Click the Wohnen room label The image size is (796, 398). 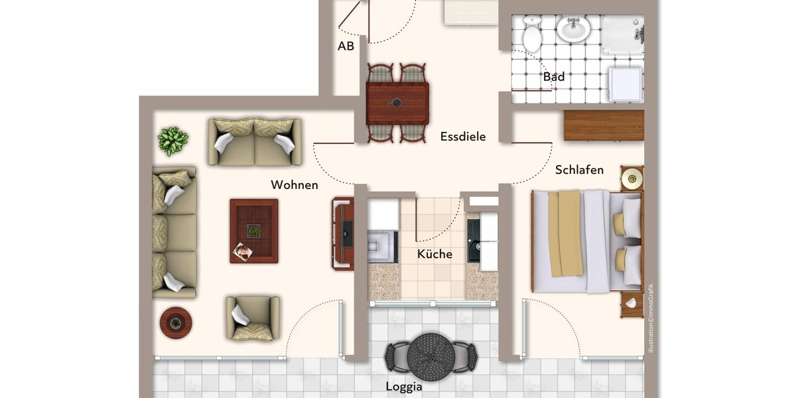pyautogui.click(x=294, y=185)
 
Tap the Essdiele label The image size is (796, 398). pyautogui.click(x=463, y=137)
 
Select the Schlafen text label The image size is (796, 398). pyautogui.click(x=579, y=170)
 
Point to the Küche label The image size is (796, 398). pyautogui.click(x=434, y=254)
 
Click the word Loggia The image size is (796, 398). pyautogui.click(x=404, y=386)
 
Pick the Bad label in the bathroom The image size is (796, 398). pyautogui.click(x=554, y=77)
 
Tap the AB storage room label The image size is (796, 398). pyautogui.click(x=346, y=46)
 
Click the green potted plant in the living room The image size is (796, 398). pyautogui.click(x=173, y=141)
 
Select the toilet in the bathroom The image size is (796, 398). pyautogui.click(x=533, y=34)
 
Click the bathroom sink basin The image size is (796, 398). pyautogui.click(x=572, y=29)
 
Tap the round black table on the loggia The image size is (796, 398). pyautogui.click(x=433, y=356)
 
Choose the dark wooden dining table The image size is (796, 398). pyautogui.click(x=397, y=103)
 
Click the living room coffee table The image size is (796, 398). pyautogui.click(x=254, y=231)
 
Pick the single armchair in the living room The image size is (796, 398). pyautogui.click(x=252, y=318)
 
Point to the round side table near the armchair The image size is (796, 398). pyautogui.click(x=176, y=323)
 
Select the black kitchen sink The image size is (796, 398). pyautogui.click(x=474, y=241)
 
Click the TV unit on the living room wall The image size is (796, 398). pyautogui.click(x=343, y=233)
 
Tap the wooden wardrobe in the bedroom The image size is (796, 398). pyautogui.click(x=604, y=125)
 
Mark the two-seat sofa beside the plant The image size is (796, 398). pyautogui.click(x=255, y=141)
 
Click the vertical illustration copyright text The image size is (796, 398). pyautogui.click(x=651, y=318)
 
